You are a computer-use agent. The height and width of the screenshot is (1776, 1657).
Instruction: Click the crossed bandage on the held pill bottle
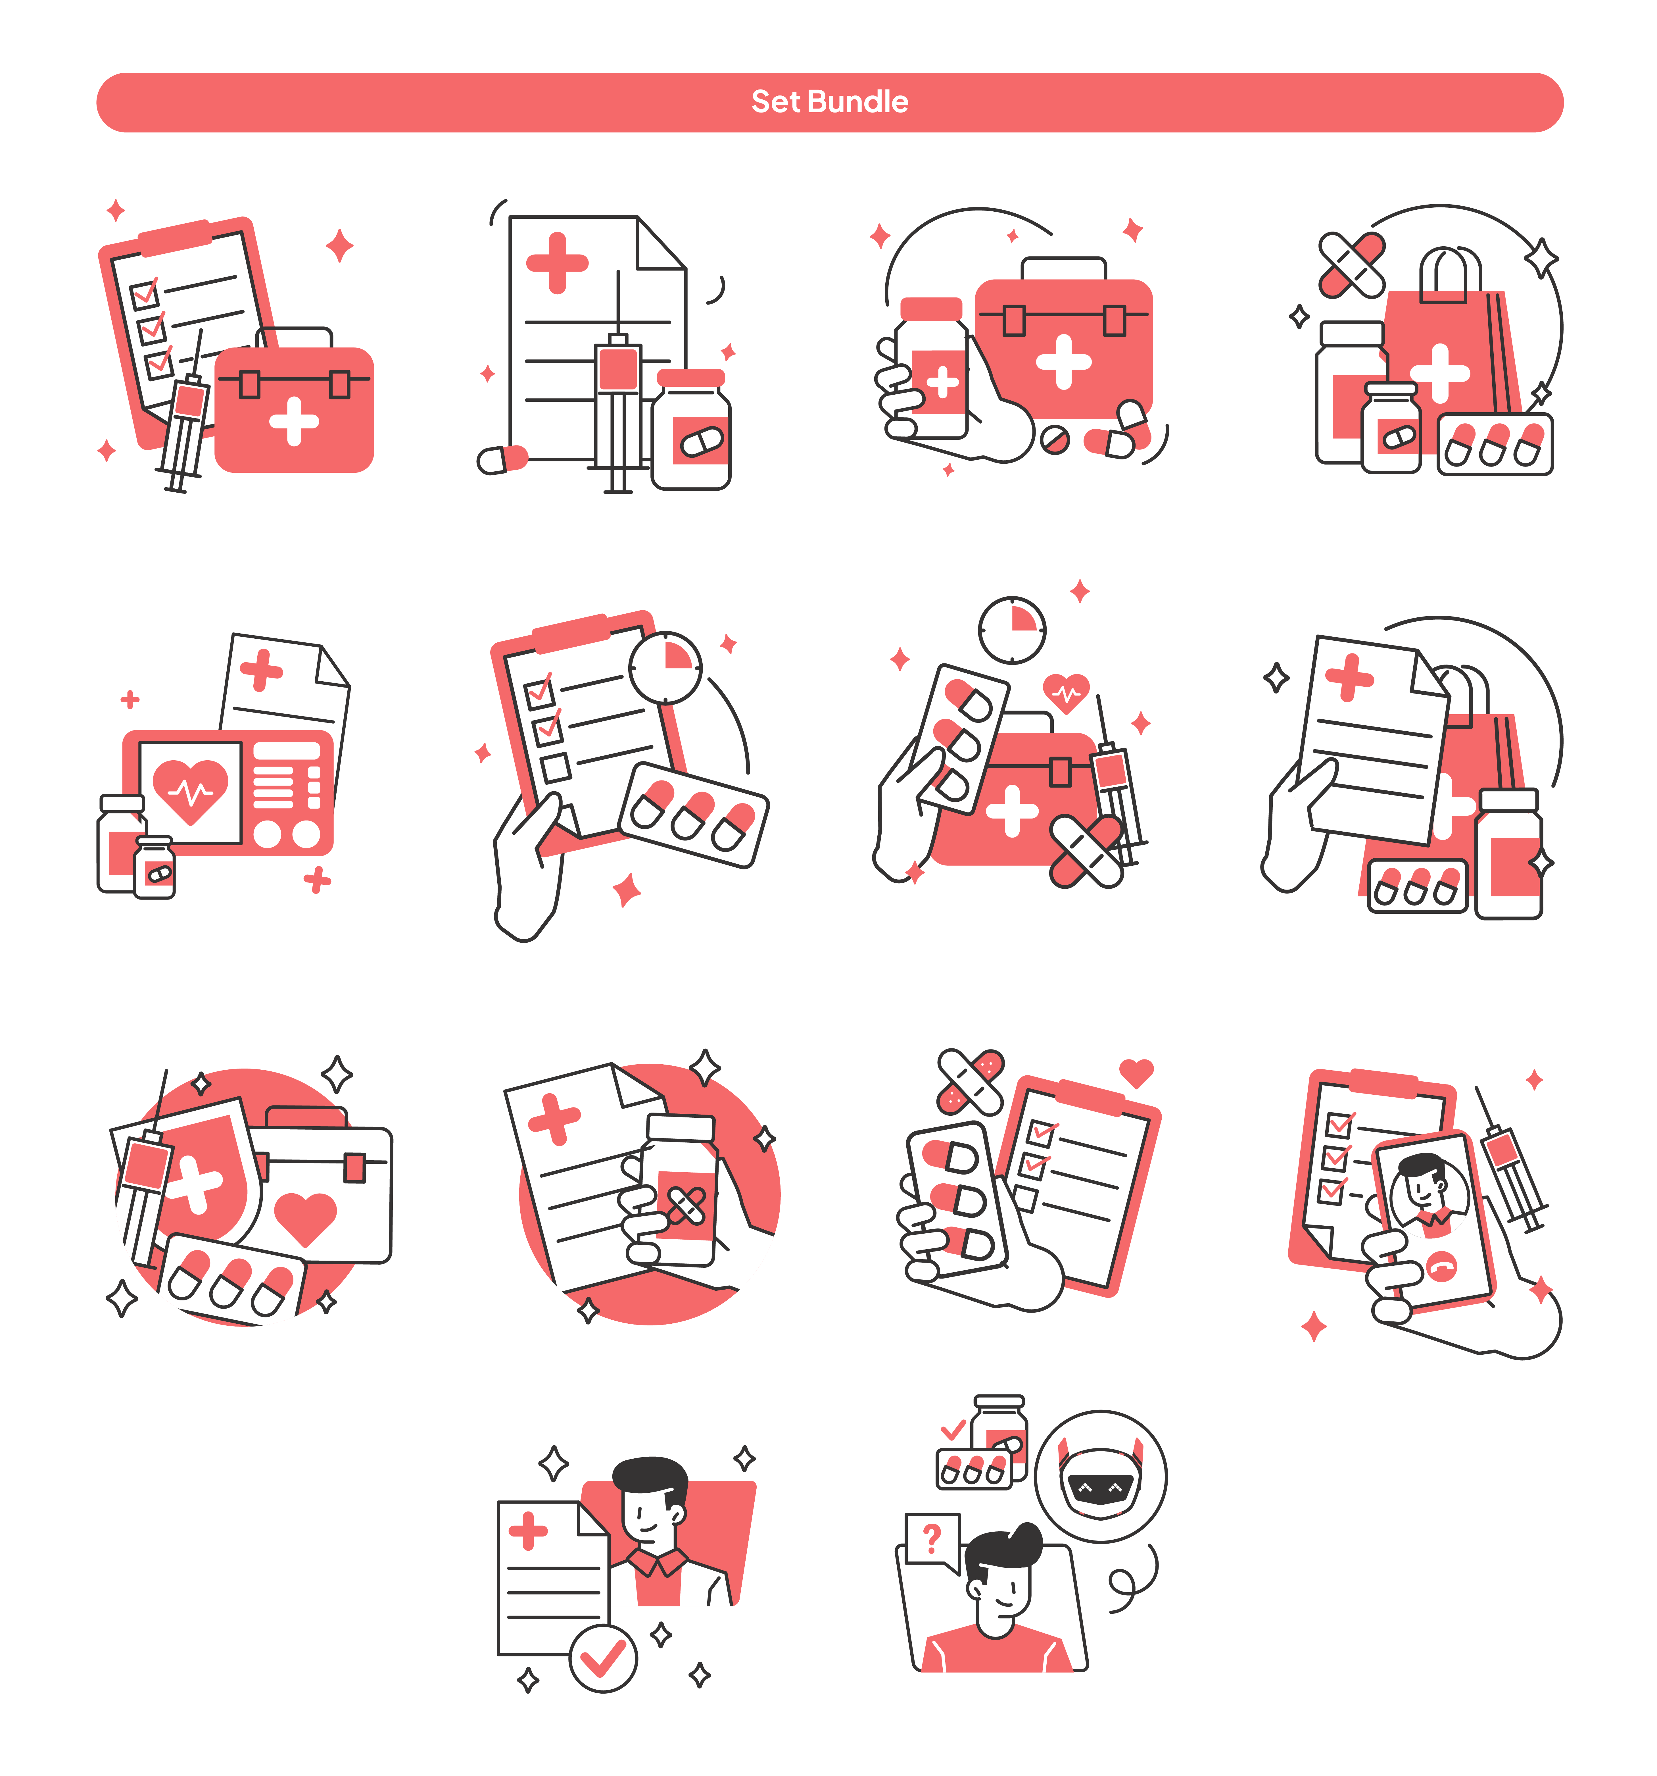pos(686,1206)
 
